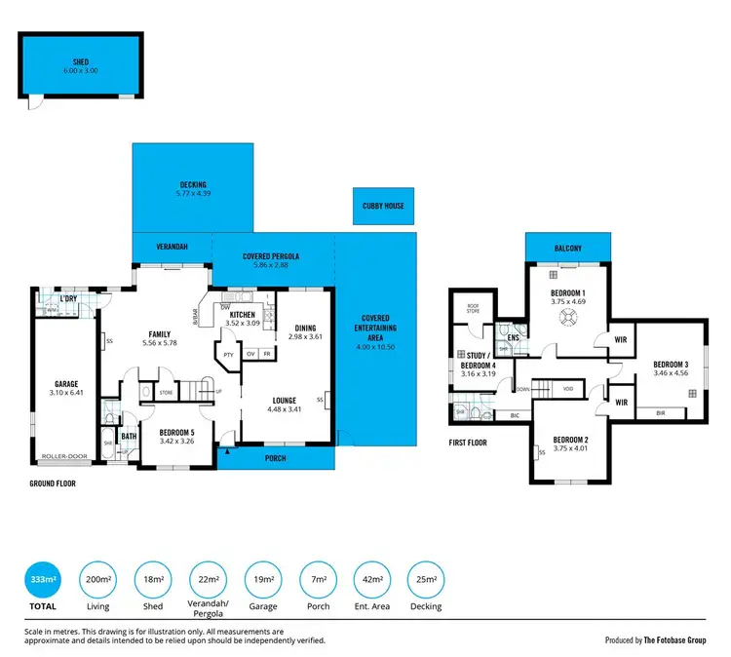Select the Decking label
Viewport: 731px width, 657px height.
point(193,184)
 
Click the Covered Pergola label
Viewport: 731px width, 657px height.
point(271,256)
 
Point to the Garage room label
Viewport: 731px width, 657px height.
point(66,384)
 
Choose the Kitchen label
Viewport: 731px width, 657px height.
point(243,315)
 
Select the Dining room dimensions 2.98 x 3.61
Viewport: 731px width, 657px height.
point(305,336)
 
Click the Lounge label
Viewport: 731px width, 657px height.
point(285,400)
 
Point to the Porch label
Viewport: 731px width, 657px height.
point(276,457)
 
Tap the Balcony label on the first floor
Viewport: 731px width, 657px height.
point(568,249)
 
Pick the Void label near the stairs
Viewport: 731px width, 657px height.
point(567,388)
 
